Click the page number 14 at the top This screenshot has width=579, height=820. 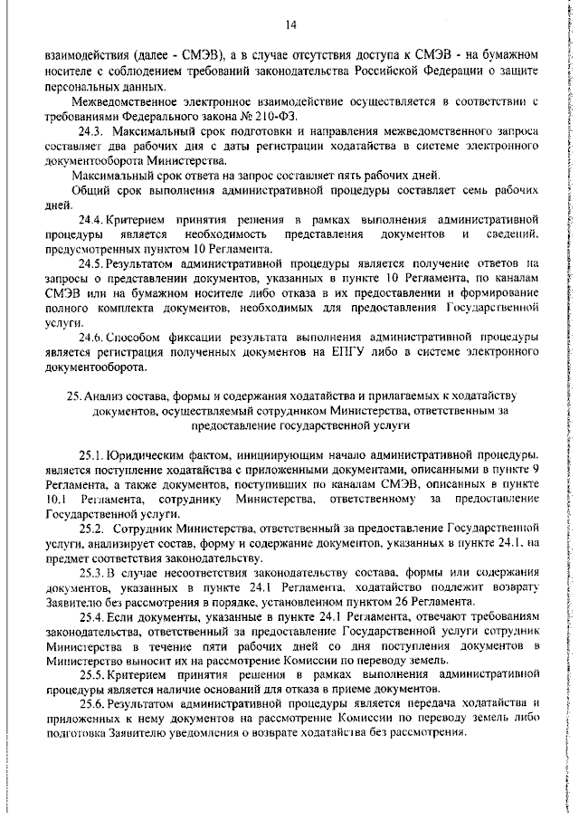click(290, 24)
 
